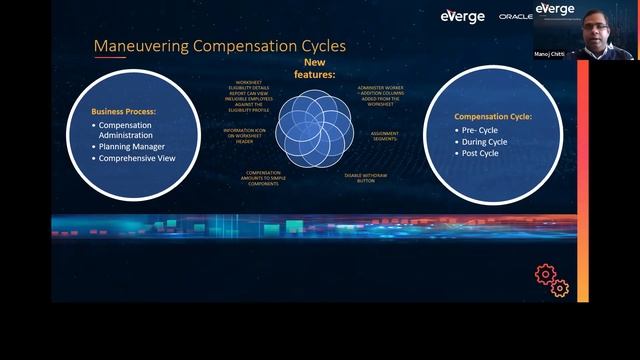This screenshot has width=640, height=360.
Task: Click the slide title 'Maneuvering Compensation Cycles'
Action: [x=219, y=46]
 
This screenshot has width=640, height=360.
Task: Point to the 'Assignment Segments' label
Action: [x=385, y=135]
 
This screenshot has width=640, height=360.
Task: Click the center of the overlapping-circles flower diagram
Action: [x=313, y=128]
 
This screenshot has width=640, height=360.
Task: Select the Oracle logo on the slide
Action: [x=515, y=17]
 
